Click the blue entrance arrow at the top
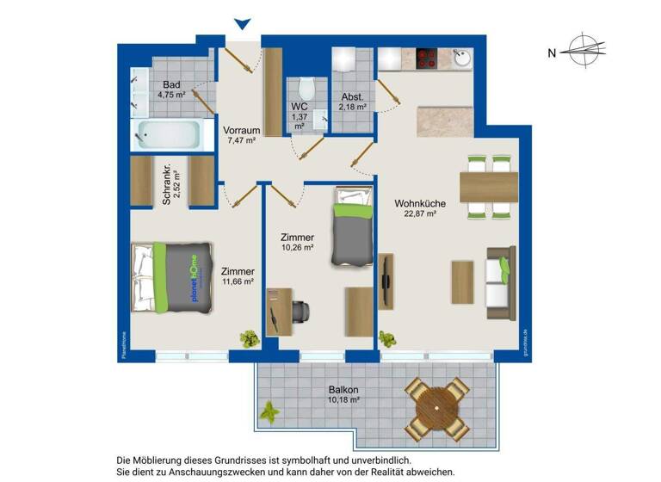click(x=244, y=25)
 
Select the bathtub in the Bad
click(x=172, y=135)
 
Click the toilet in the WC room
click(x=305, y=89)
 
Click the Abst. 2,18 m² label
click(x=354, y=102)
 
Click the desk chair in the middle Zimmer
click(x=301, y=312)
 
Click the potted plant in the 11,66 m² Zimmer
click(x=249, y=338)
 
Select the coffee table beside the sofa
click(x=462, y=281)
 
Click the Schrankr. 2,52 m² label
click(x=172, y=182)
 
